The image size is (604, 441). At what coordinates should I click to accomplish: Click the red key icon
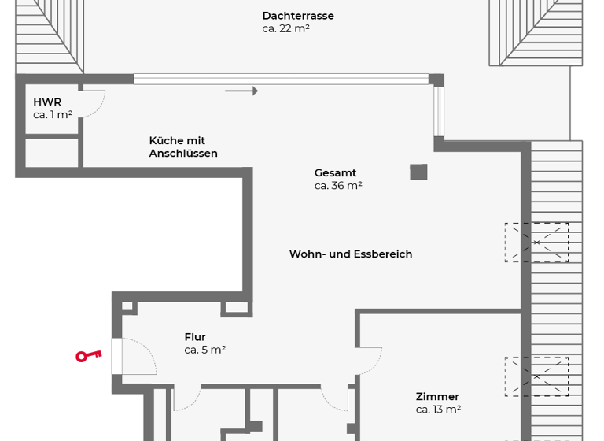[88, 356]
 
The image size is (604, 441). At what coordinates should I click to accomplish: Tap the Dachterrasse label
[298, 16]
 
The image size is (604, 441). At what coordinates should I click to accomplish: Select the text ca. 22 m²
[285, 29]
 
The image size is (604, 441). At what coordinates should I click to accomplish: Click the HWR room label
[47, 102]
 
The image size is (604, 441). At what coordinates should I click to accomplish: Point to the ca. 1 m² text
[53, 115]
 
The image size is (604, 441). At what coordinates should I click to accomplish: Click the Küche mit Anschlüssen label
[183, 147]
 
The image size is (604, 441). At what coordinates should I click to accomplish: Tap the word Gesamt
[335, 173]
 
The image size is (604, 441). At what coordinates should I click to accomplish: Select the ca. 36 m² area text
[338, 186]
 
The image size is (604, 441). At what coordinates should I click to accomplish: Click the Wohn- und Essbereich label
[351, 254]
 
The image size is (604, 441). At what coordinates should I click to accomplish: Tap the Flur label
[195, 337]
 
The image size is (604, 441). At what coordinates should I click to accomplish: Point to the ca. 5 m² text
[205, 350]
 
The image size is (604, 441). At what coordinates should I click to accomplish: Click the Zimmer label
[437, 397]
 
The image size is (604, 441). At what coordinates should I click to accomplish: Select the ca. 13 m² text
[438, 409]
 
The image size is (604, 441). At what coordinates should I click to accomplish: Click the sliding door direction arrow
[241, 91]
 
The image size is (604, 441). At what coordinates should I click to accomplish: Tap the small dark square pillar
[418, 172]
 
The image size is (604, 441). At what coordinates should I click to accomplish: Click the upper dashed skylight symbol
[536, 242]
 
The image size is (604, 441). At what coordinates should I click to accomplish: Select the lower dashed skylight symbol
[536, 376]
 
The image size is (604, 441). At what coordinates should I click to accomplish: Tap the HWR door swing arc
[93, 106]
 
